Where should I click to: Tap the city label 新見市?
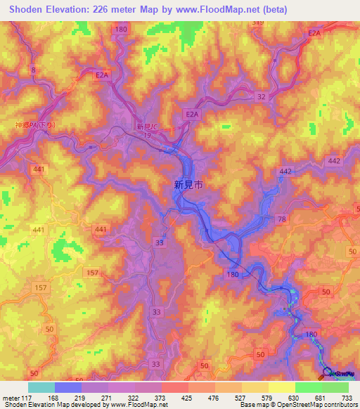click(188, 185)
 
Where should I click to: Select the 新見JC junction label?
click(148, 126)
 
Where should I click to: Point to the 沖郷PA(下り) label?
click(35, 125)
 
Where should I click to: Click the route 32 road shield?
click(262, 96)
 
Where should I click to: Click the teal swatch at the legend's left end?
click(41, 387)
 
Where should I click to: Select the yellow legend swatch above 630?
click(281, 387)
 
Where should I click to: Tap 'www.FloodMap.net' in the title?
click(217, 9)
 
